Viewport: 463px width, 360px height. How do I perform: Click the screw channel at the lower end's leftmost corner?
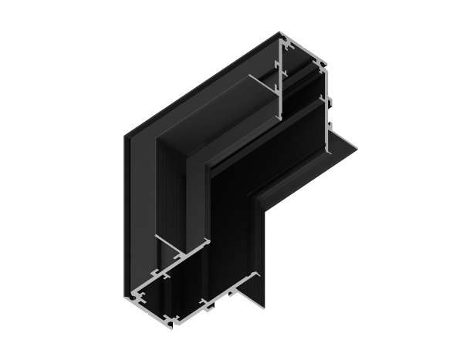[x=136, y=294]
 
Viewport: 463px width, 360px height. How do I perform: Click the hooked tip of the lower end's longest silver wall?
[x=208, y=242]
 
